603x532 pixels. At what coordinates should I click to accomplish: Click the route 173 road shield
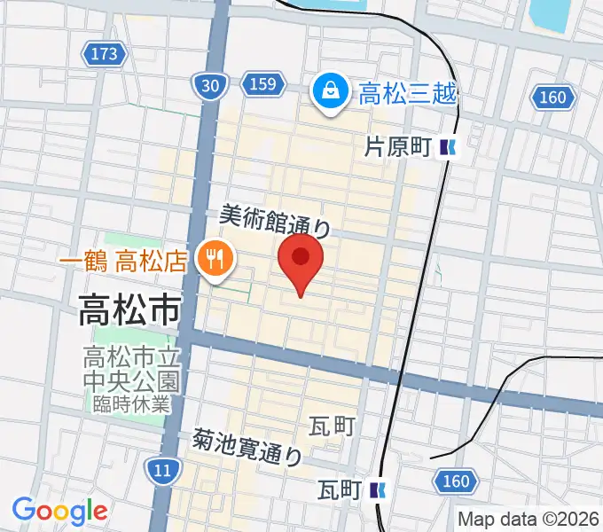pos(104,55)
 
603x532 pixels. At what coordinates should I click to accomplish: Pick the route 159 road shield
pos(262,84)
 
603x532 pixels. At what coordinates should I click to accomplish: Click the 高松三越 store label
pos(408,91)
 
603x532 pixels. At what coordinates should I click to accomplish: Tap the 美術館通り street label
pos(275,219)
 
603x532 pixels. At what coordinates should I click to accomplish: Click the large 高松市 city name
pos(129,309)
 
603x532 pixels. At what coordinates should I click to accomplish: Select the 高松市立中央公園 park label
pos(131,370)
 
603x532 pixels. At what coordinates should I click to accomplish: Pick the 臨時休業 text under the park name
pos(131,403)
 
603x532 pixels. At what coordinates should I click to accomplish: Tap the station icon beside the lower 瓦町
pos(380,489)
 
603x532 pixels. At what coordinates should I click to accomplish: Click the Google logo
pos(59,511)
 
